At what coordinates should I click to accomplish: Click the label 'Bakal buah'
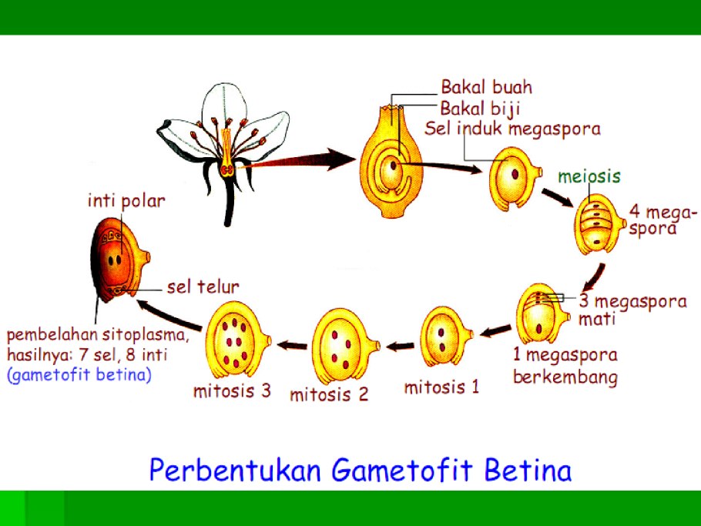click(485, 87)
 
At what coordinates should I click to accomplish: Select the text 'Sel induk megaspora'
click(512, 128)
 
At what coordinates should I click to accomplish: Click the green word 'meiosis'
click(589, 176)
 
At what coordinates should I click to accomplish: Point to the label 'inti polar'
click(126, 202)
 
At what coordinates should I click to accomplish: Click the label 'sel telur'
click(203, 287)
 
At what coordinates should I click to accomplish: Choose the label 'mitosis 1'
click(441, 387)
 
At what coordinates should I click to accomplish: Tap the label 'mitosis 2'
click(329, 394)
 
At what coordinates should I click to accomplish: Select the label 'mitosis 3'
click(232, 390)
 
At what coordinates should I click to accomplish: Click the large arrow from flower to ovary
click(304, 159)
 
